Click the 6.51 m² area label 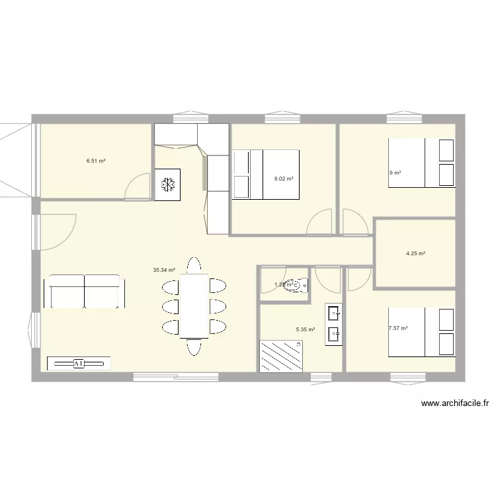[x=96, y=161]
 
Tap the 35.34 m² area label [x=163, y=270]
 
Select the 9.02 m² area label [x=284, y=178]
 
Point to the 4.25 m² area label [x=415, y=253]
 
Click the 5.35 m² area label [x=305, y=329]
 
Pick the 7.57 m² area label [x=397, y=328]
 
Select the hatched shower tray [x=281, y=356]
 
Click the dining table [x=194, y=306]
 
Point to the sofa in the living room [x=84, y=292]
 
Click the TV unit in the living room [x=79, y=363]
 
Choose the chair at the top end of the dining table [x=194, y=265]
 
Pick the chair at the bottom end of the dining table [x=194, y=347]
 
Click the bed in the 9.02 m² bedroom [x=266, y=174]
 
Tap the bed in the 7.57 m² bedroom [x=421, y=330]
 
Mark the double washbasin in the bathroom [x=333, y=324]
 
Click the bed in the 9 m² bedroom [x=421, y=163]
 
